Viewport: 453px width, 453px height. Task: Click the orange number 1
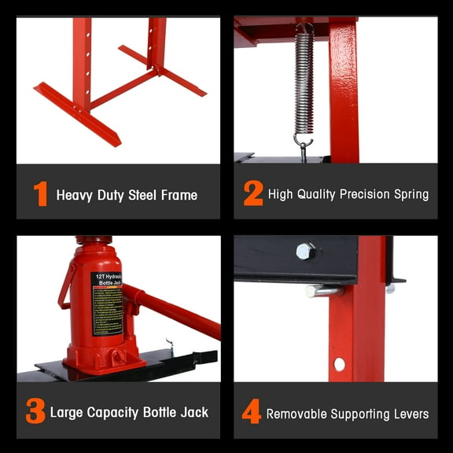click(x=40, y=193)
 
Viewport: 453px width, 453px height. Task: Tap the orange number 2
click(x=252, y=193)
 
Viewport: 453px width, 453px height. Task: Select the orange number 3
click(x=35, y=411)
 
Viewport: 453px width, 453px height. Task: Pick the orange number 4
click(x=251, y=411)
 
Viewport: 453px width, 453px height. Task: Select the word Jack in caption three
click(x=193, y=412)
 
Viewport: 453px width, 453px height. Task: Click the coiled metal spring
click(x=304, y=83)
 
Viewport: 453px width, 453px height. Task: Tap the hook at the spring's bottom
click(x=303, y=145)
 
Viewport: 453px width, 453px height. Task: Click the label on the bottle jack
click(x=107, y=302)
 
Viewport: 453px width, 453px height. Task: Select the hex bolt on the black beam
click(x=306, y=252)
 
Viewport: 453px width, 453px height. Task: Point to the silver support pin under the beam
click(x=323, y=291)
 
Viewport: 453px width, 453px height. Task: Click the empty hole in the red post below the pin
click(x=339, y=364)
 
